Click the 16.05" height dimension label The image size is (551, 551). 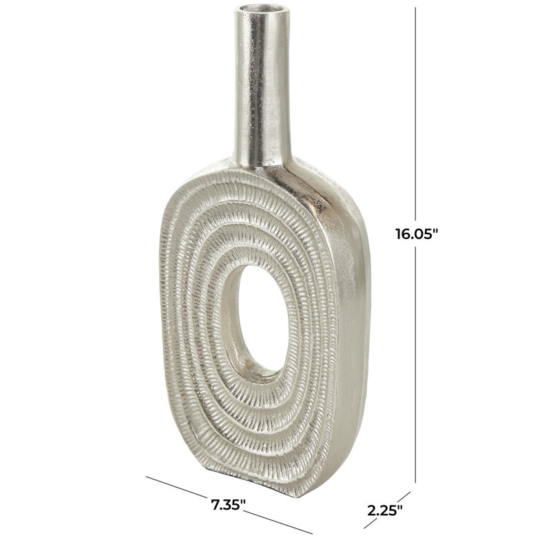click(x=417, y=233)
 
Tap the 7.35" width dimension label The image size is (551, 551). click(x=228, y=505)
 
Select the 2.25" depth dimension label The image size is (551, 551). click(x=385, y=510)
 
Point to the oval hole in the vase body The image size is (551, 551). click(x=263, y=318)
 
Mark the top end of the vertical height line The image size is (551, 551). click(x=416, y=8)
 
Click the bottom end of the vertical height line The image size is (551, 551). click(x=416, y=483)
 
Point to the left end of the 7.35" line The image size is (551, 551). click(x=146, y=477)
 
